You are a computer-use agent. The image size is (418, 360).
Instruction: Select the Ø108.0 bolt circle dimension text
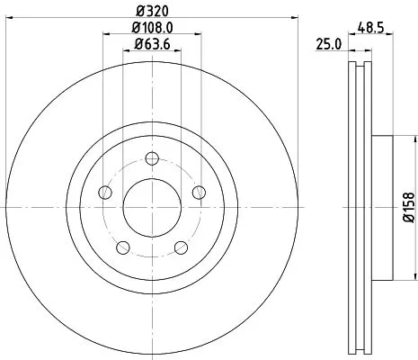click(151, 27)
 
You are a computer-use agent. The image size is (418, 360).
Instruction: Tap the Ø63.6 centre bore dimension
click(151, 43)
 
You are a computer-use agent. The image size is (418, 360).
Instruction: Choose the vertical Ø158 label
click(406, 208)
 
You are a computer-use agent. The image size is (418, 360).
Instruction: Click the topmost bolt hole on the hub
click(151, 160)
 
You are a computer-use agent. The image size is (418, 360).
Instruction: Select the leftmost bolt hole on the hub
click(104, 193)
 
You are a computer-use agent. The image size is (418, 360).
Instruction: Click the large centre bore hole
click(151, 208)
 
